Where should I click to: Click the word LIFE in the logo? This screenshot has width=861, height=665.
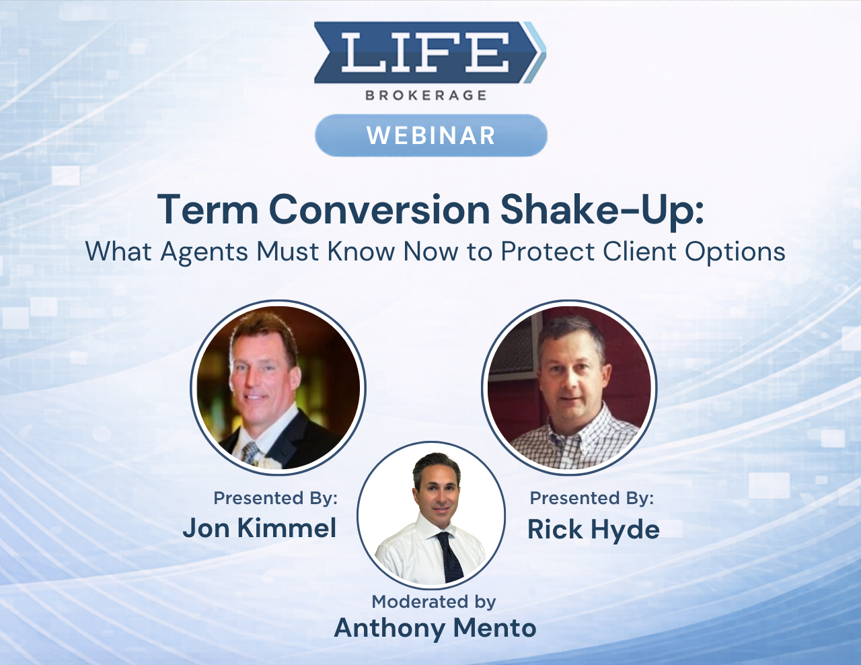(424, 53)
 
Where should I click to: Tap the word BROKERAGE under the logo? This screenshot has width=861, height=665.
(426, 96)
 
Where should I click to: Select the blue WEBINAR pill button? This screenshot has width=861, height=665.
(430, 135)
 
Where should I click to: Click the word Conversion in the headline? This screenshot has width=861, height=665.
(379, 209)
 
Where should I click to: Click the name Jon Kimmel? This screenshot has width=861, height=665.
(260, 528)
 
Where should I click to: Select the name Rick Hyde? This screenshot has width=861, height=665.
(593, 529)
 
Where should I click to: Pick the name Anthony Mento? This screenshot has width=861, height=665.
(435, 627)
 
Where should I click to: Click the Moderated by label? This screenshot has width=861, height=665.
(434, 601)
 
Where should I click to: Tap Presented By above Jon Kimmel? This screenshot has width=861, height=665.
(275, 498)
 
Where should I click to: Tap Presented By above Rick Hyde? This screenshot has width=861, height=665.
(591, 498)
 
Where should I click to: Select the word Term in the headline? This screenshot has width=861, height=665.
(208, 209)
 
